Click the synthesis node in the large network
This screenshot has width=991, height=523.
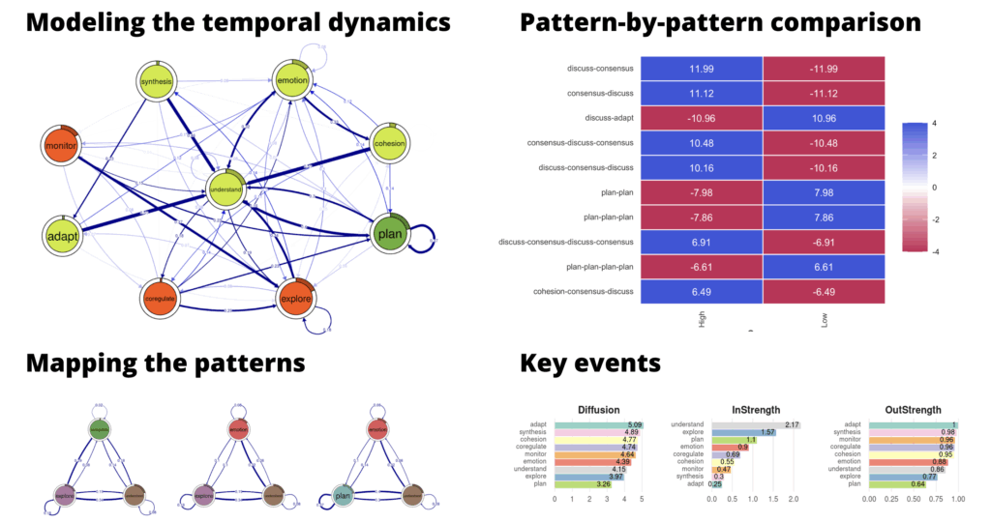[157, 81]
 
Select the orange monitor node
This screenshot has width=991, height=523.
[61, 145]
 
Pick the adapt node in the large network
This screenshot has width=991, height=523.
[61, 235]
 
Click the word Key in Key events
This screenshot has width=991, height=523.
[551, 363]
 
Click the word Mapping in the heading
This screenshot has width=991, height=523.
[83, 363]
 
